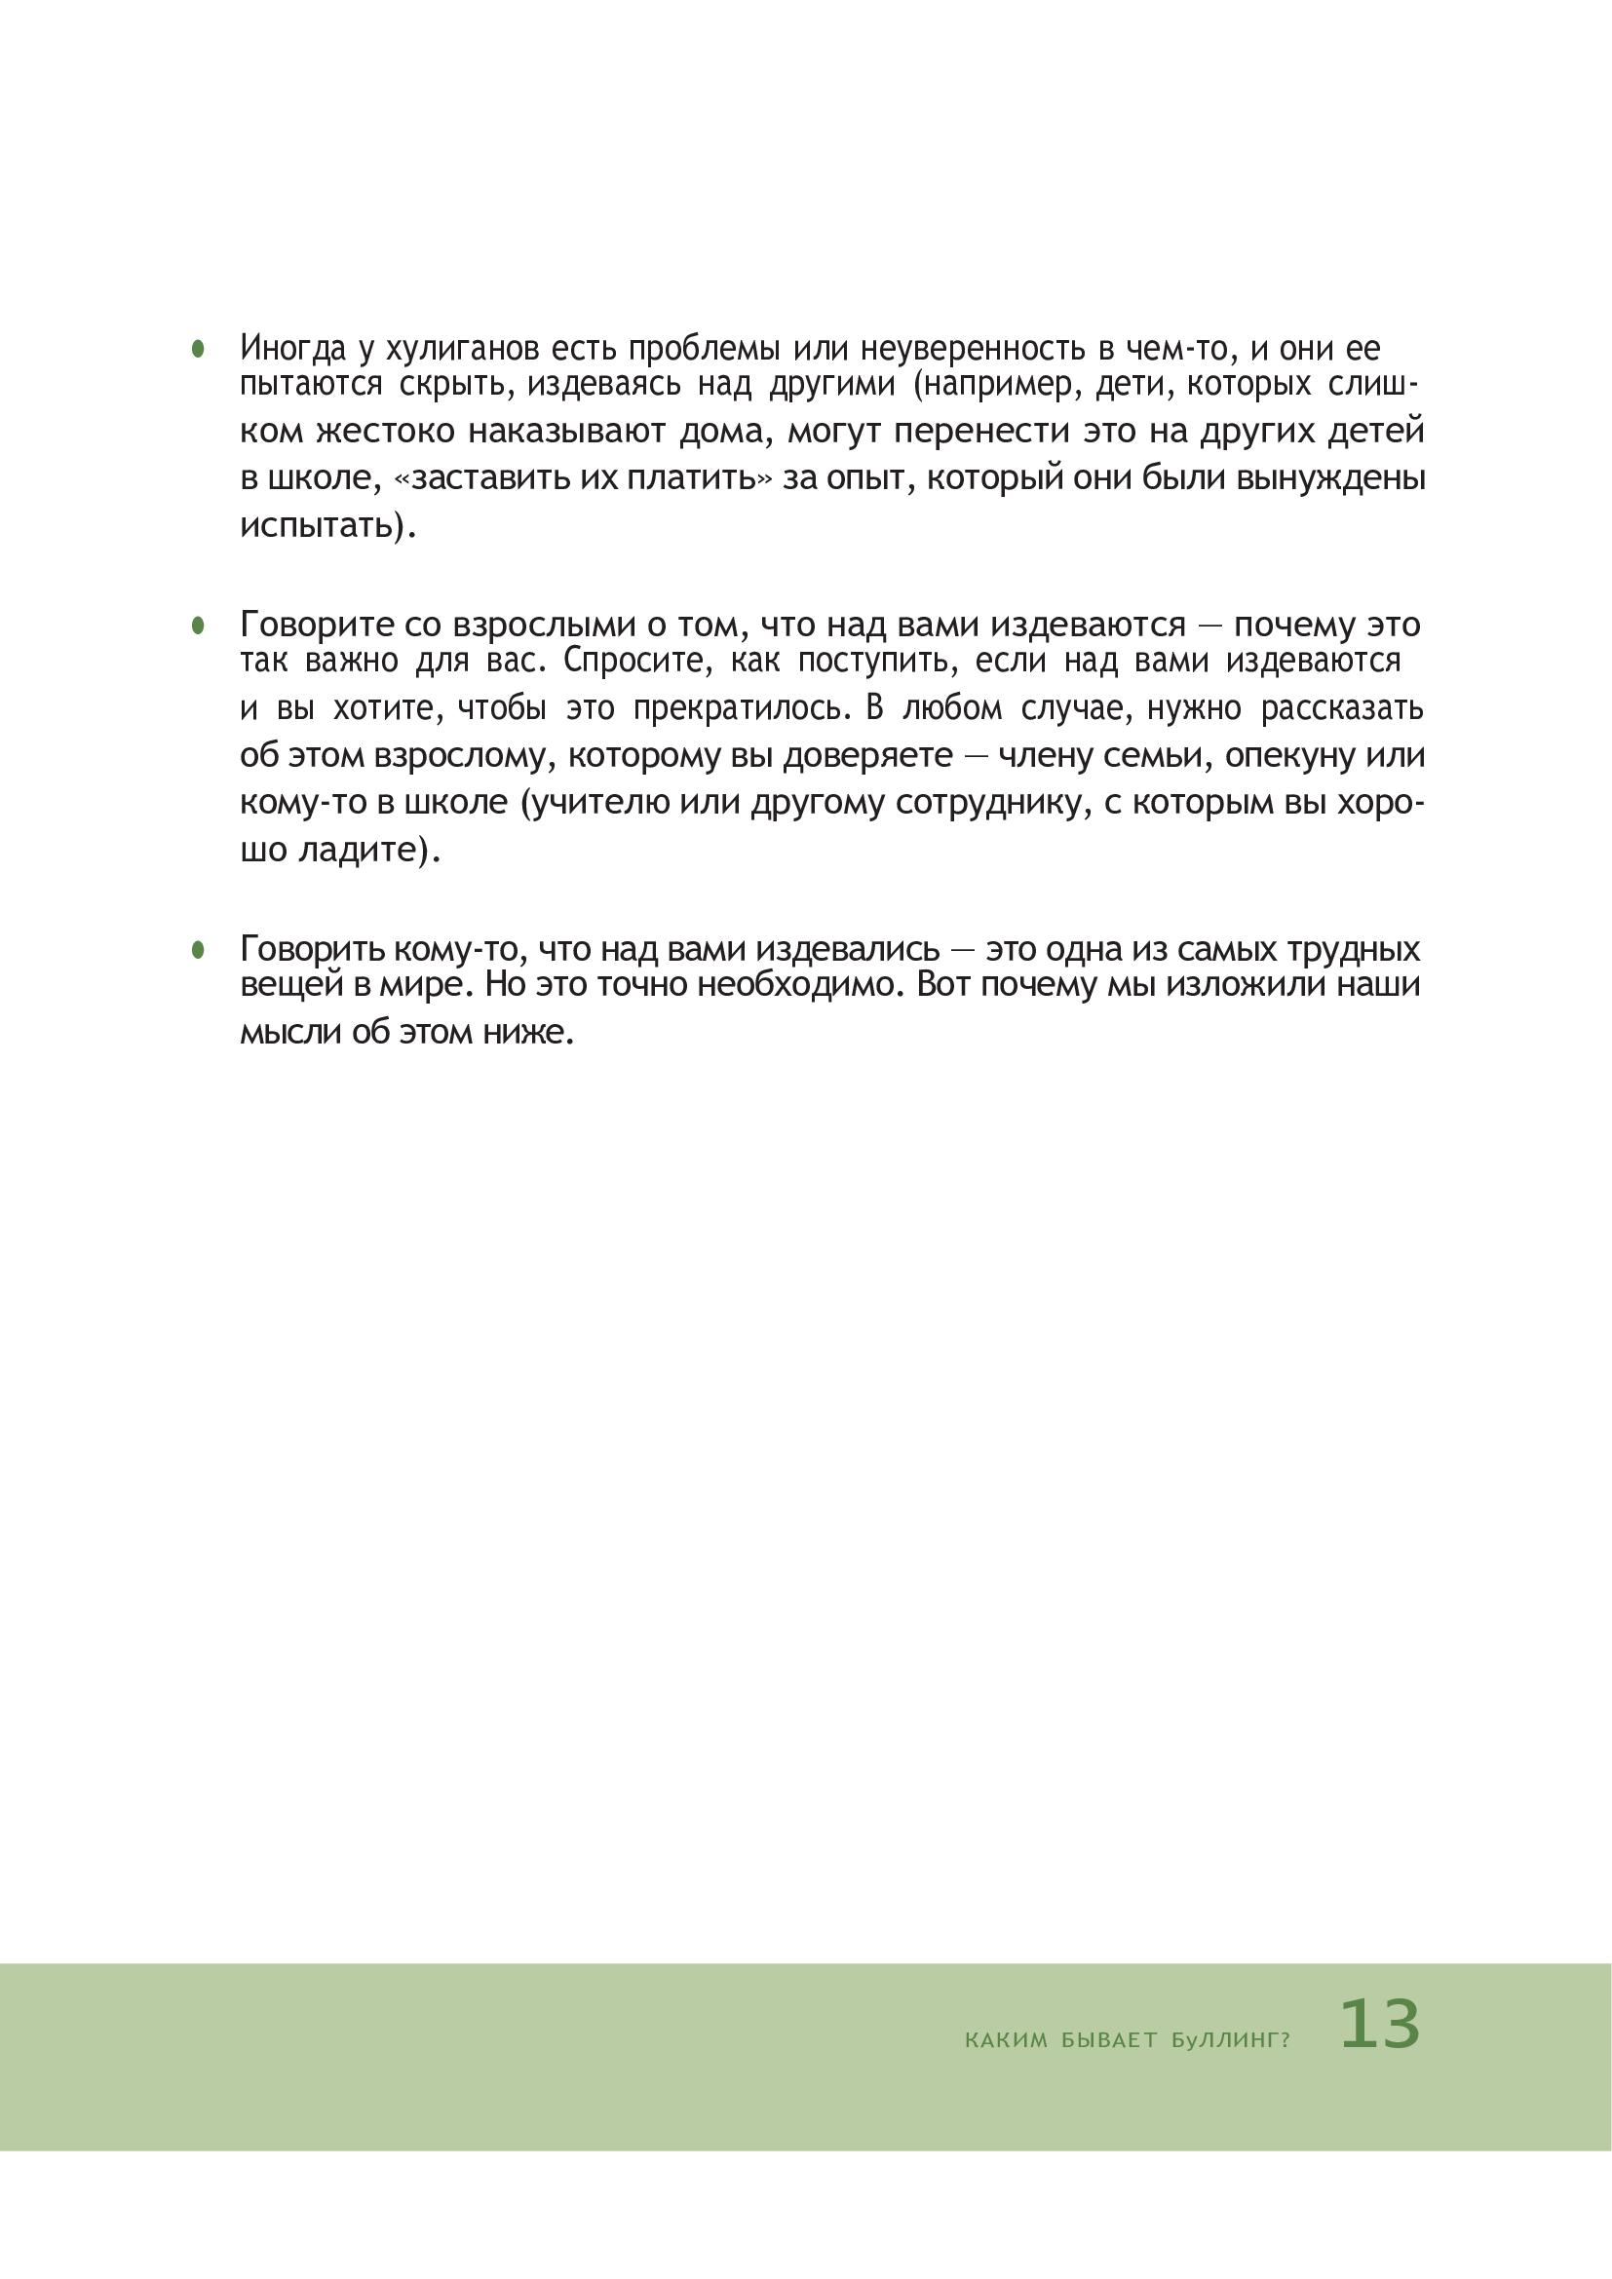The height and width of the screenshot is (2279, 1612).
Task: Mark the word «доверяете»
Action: pyautogui.click(x=867, y=756)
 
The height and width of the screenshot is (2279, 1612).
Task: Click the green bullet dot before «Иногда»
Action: pyautogui.click(x=199, y=350)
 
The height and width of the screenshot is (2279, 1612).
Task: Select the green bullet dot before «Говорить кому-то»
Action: pyautogui.click(x=199, y=950)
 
